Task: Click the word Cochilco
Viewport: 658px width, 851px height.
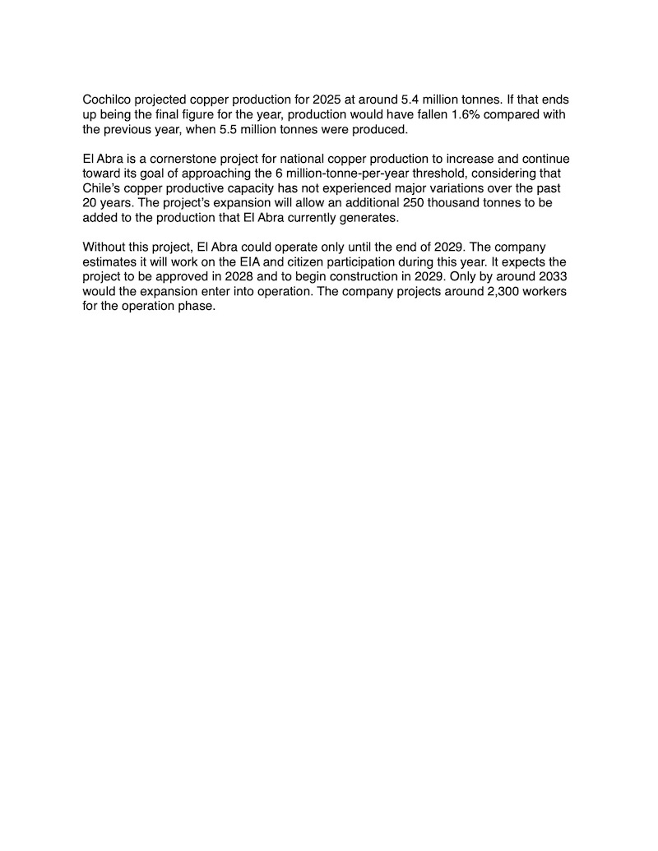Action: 110,99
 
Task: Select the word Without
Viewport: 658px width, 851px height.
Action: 105,247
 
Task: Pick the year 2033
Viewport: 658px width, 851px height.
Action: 550,277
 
